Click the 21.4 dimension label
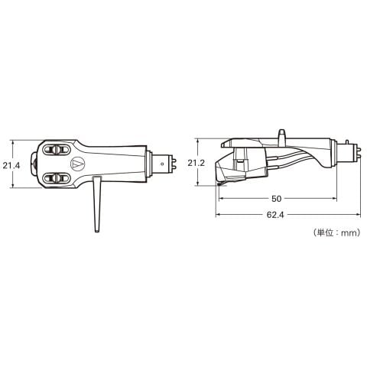point(11,166)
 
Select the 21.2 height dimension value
point(196,163)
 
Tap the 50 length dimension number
point(276,199)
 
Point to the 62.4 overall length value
point(275,215)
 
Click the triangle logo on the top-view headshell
point(76,164)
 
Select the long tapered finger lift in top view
point(97,204)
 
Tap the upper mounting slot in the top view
point(57,150)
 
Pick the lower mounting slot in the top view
point(57,178)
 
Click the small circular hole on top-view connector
point(162,164)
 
